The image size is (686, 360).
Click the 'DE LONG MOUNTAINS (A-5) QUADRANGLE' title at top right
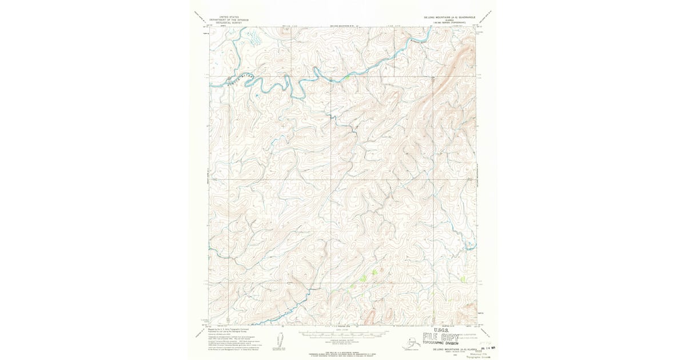coord(449,17)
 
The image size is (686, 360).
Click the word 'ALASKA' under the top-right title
coord(449,20)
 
